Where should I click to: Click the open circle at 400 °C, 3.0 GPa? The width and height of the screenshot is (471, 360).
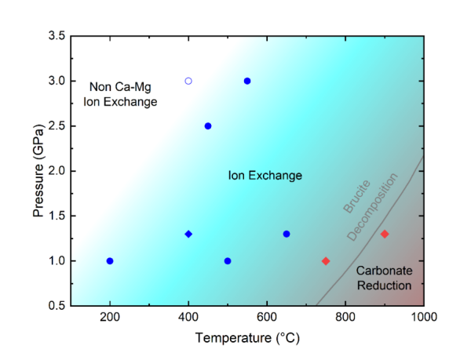click(x=188, y=81)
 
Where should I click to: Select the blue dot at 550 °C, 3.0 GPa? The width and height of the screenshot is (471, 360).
click(x=247, y=81)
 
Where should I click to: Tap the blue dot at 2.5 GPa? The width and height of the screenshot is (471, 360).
click(x=208, y=126)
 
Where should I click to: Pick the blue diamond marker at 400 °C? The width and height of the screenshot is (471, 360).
click(x=188, y=234)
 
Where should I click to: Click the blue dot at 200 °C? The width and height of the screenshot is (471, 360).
click(x=110, y=261)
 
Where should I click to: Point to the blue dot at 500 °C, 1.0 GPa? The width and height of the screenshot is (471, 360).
click(x=228, y=261)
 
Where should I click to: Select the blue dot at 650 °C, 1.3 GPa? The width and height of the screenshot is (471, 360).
click(x=287, y=234)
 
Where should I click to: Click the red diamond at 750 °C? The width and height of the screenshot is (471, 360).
click(x=326, y=261)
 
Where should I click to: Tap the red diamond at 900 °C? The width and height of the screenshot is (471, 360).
click(x=385, y=234)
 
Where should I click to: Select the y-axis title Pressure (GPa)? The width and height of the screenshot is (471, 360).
click(x=38, y=170)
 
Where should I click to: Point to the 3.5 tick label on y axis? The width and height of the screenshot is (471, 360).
click(x=55, y=36)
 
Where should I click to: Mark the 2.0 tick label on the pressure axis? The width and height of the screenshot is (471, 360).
click(x=55, y=171)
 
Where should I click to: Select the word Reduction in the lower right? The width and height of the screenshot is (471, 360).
click(x=384, y=285)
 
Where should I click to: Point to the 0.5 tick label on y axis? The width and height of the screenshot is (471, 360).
click(x=55, y=306)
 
